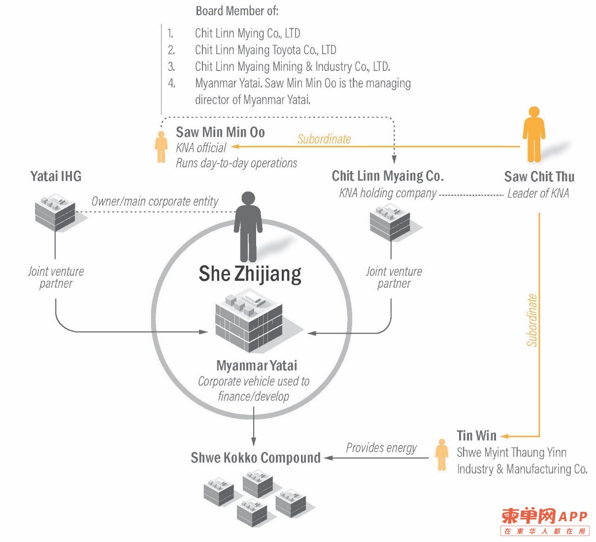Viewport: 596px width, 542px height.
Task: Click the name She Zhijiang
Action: coord(250,274)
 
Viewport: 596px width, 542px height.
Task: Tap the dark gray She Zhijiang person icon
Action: coord(248,227)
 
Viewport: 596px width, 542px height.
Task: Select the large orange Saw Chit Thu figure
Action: coord(534,135)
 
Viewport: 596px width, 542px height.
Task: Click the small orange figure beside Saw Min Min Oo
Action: coord(161,147)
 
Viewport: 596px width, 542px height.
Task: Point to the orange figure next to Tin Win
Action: coord(442,455)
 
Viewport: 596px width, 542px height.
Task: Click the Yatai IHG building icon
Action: coord(55,212)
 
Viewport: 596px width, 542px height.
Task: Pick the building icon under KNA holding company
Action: coord(390,222)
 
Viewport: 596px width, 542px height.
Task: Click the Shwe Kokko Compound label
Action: coord(256,458)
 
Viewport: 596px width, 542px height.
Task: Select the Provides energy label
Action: coord(381,448)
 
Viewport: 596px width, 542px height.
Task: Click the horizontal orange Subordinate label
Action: coord(324,139)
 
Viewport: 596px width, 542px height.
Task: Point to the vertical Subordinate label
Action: coord(532,320)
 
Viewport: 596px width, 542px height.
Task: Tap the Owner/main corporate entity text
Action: coord(155,202)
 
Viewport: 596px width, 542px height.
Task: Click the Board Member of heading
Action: coord(237,11)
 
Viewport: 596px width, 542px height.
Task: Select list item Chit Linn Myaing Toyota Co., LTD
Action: coord(265,50)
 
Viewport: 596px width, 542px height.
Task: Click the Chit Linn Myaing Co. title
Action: coord(388,176)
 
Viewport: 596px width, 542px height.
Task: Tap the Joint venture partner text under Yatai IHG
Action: coord(56,277)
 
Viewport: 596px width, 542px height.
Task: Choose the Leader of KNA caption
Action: coord(538,193)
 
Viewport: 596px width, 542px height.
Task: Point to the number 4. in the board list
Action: coord(171,83)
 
